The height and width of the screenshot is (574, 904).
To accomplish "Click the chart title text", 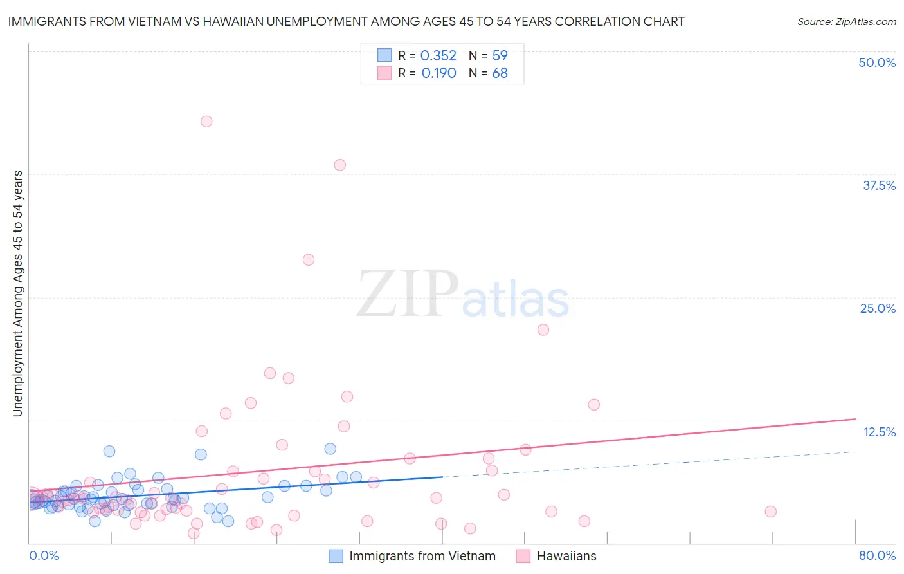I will point(346,21).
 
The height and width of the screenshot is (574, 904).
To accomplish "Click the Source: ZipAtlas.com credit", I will point(846,21).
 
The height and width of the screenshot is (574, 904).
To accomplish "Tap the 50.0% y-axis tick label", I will point(877,62).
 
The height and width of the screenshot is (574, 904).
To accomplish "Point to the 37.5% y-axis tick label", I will point(879,185).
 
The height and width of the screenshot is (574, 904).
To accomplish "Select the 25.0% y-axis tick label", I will point(878,308).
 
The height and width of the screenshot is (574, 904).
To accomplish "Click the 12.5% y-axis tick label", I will point(879,432).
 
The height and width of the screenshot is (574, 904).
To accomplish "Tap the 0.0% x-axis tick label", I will point(44,555).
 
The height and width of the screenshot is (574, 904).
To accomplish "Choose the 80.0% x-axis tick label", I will point(877,555).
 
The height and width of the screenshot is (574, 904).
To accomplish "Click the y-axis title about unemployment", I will point(18,293).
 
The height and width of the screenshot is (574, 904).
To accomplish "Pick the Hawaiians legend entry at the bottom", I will point(566,556).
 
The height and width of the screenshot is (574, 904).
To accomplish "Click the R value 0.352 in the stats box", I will point(438,56).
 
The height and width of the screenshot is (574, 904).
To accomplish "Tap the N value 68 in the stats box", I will point(500,73).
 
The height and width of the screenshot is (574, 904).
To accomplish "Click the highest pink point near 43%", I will point(206,122).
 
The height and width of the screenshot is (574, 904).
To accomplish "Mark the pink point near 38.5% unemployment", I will point(339,165).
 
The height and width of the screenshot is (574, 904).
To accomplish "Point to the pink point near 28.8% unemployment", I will point(309,260).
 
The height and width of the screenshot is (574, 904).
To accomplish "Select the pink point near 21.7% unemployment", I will point(543,329).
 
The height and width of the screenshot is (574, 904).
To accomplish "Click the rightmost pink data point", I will point(770,512).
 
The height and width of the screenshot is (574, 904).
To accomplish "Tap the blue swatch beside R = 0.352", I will point(384,55).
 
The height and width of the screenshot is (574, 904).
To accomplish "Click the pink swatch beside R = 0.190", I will point(384,73).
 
